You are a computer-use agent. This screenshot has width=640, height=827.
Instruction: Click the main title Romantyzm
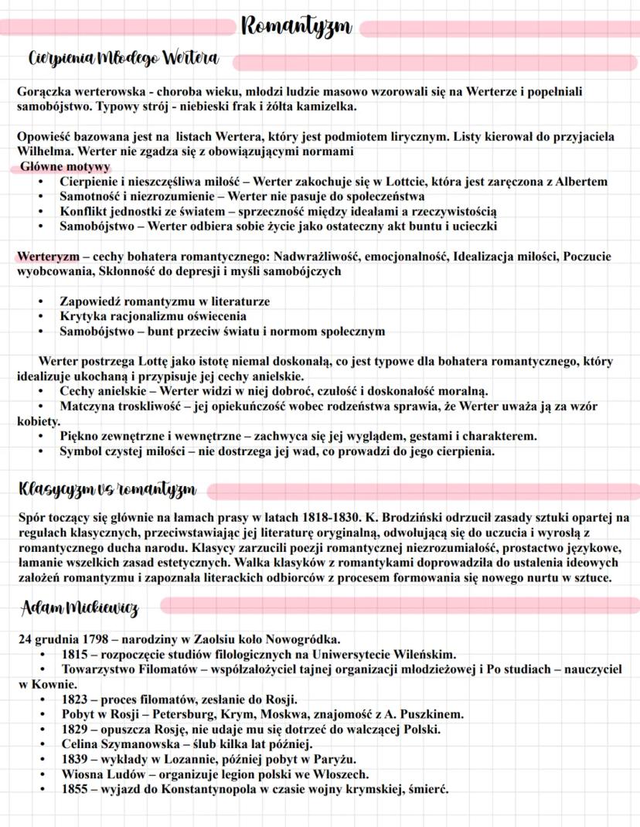297,27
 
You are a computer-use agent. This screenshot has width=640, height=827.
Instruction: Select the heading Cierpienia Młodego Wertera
123,59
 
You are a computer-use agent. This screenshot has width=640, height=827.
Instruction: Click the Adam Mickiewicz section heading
80,608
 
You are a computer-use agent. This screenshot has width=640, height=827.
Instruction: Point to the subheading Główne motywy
65,167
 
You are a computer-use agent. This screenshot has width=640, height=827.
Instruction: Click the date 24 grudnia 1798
65,639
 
